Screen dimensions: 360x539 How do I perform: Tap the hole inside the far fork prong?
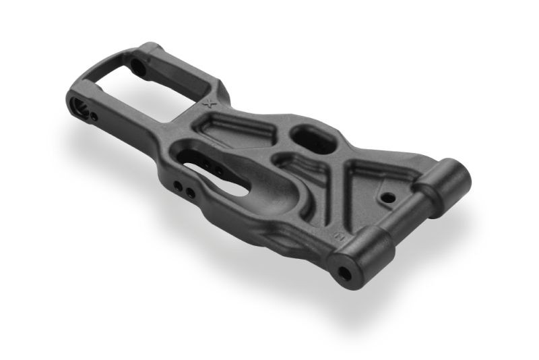point(138,66)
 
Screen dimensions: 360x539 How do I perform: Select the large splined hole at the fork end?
point(82,107)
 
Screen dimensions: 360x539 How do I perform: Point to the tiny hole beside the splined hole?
point(94,117)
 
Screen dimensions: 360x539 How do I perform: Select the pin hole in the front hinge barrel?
point(344,273)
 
